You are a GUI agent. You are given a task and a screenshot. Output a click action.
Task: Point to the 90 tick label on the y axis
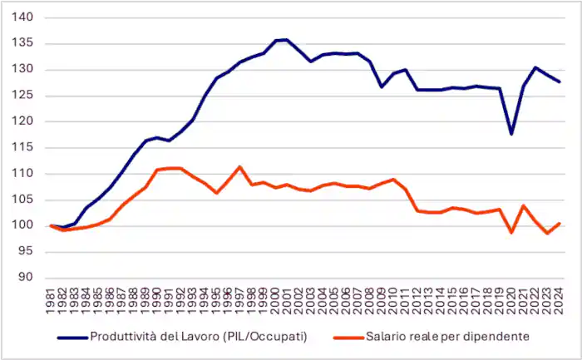(x=27, y=278)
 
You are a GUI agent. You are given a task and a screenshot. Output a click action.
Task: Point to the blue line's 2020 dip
(x=511, y=134)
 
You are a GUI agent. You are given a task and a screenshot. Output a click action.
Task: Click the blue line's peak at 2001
(x=287, y=39)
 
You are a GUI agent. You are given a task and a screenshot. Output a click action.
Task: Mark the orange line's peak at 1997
(x=239, y=166)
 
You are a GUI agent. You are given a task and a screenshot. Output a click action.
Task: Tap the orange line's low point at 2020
(x=511, y=232)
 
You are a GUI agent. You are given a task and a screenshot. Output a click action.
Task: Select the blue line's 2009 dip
(x=382, y=86)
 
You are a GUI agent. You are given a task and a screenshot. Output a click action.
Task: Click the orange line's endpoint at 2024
(x=559, y=223)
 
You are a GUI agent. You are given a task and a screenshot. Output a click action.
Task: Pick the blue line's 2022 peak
(x=535, y=67)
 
